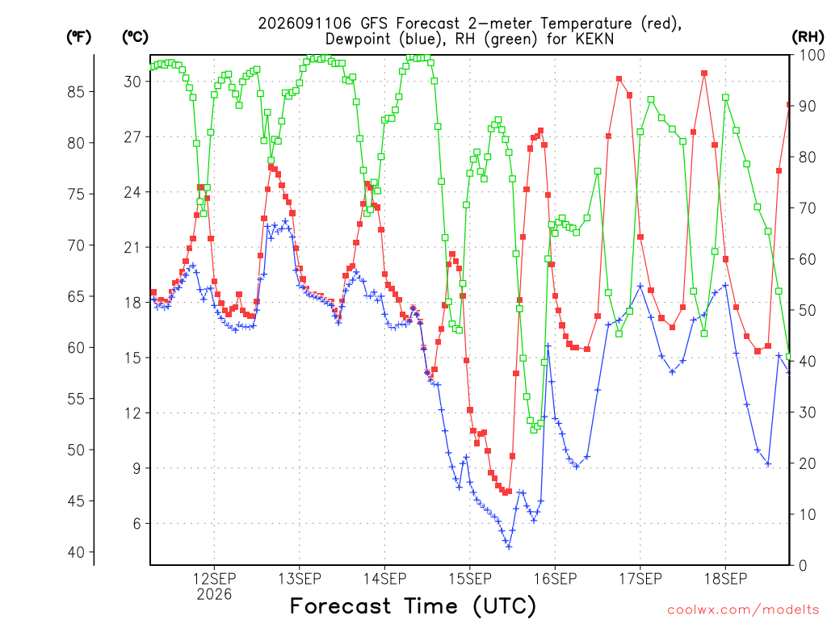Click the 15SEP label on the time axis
click(470, 579)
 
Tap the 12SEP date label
click(214, 579)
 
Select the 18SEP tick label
click(726, 579)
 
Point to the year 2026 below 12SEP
click(214, 595)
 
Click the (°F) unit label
click(78, 37)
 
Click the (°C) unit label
click(135, 37)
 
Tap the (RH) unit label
click(808, 37)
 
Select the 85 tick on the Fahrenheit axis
click(76, 92)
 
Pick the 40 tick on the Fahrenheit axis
click(76, 552)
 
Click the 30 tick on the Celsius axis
click(132, 82)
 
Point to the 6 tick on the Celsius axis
click(137, 523)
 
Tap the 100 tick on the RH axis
click(812, 55)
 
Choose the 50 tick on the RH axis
click(807, 310)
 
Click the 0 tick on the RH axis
click(803, 565)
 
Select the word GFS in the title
click(374, 23)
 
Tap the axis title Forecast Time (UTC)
click(413, 605)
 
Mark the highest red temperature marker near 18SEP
click(704, 73)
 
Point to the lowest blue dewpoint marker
click(509, 547)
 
